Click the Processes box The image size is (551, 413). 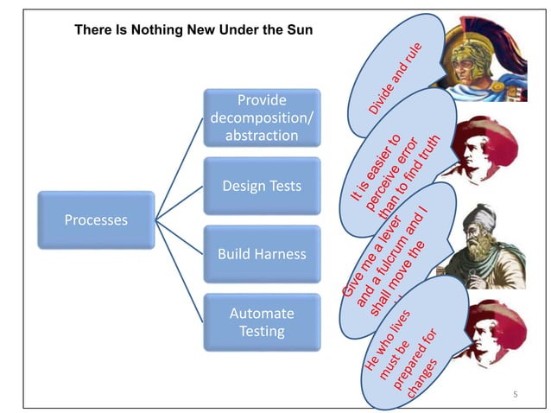pos(96,219)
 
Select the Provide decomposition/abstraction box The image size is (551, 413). pos(262,118)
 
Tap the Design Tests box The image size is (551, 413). pos(262,186)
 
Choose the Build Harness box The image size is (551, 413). pos(262,254)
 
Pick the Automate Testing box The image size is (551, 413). pos(262,322)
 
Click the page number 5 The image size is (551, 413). pos(515,395)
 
